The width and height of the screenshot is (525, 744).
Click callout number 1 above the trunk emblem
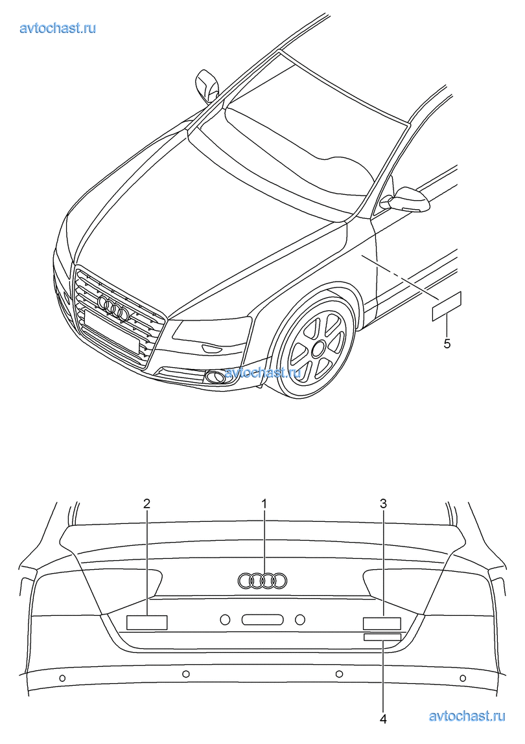[264, 503]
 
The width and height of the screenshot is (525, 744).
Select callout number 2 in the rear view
[147, 503]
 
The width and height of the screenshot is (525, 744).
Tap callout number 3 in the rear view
[384, 503]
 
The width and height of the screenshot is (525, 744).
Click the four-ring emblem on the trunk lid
[262, 580]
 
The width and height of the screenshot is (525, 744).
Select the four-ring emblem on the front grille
[113, 307]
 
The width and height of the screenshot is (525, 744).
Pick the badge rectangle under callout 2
[147, 622]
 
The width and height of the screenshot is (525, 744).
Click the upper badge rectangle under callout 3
[382, 624]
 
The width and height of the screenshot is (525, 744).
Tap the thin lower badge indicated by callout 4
[382, 637]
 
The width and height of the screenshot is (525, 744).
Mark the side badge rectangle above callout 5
[447, 306]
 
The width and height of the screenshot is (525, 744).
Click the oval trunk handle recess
[262, 620]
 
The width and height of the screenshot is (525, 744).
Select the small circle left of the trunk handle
[225, 620]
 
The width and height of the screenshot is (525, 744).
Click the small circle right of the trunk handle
[300, 620]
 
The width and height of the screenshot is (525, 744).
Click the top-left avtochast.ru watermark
[58, 28]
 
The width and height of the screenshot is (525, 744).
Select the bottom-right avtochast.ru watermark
[467, 716]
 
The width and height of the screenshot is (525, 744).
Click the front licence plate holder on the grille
[112, 334]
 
